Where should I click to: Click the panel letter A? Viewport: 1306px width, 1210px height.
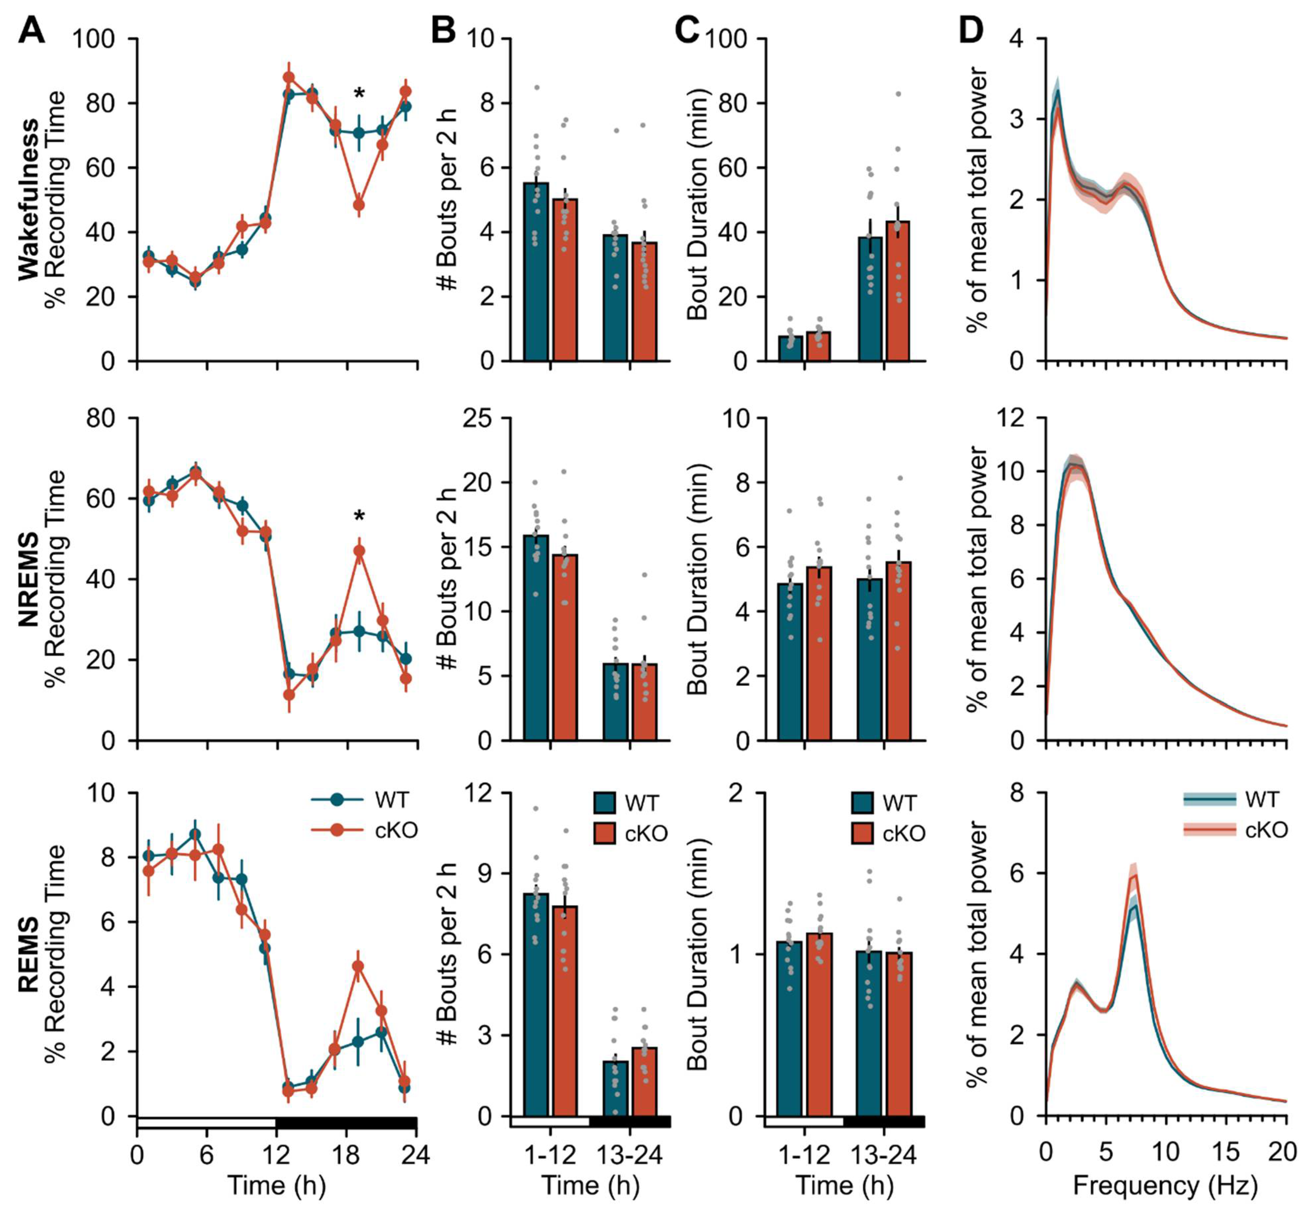tap(31, 30)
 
